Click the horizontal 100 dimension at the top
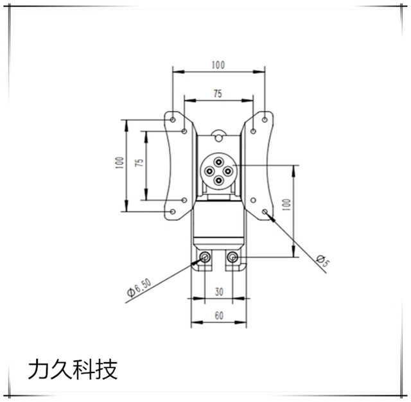click(x=218, y=65)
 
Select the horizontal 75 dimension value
click(x=218, y=93)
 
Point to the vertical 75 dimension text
click(x=138, y=164)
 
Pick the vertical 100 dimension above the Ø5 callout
click(x=286, y=205)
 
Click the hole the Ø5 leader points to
click(x=266, y=212)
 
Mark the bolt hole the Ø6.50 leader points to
click(x=205, y=258)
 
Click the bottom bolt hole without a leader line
click(x=233, y=258)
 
